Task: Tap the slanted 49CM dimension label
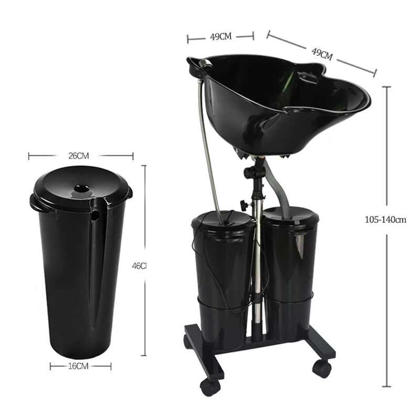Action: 322,54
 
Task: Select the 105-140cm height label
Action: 385,219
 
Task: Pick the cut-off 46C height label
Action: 139,266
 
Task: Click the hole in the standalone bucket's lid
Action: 80,187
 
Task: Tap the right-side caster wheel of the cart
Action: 321,367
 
